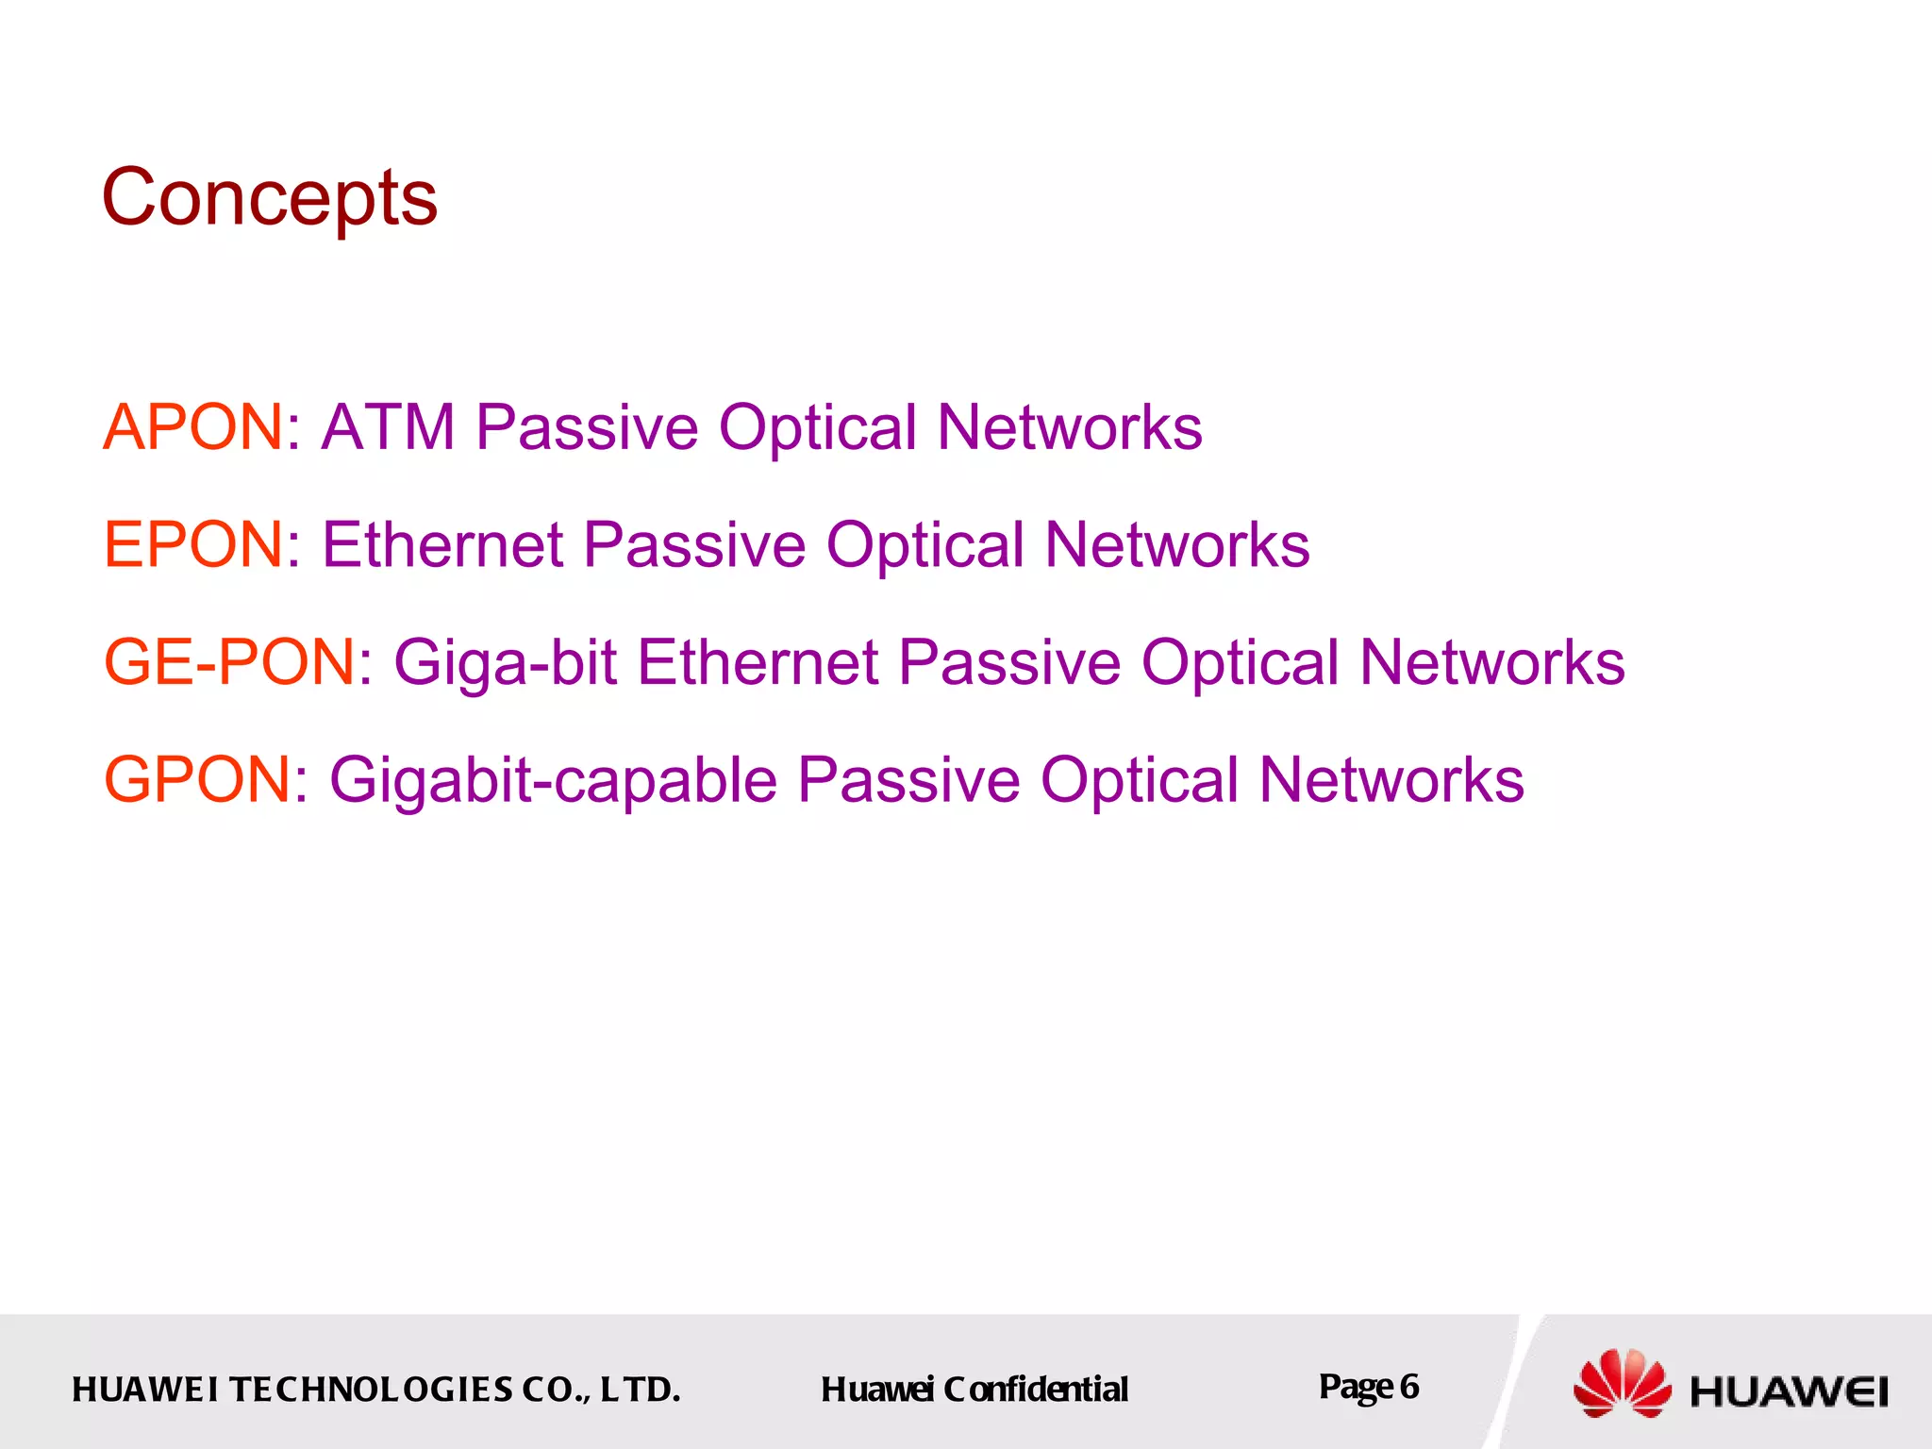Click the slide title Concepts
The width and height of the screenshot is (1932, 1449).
270,198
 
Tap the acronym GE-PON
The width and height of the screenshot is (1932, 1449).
230,662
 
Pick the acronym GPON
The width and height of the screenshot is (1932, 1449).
197,780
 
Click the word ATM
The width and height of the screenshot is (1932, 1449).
389,427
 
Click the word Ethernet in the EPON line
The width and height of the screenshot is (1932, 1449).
442,544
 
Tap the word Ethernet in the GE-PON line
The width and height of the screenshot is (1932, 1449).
758,662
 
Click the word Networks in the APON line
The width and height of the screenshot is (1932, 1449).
1069,427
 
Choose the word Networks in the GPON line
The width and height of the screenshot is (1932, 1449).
1391,780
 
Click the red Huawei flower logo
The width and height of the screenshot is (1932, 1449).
1622,1384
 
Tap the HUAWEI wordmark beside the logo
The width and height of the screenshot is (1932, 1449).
1789,1391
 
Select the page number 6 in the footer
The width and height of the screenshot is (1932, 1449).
1408,1387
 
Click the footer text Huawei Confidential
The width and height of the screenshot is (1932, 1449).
974,1390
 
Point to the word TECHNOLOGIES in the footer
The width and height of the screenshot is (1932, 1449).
372,1390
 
